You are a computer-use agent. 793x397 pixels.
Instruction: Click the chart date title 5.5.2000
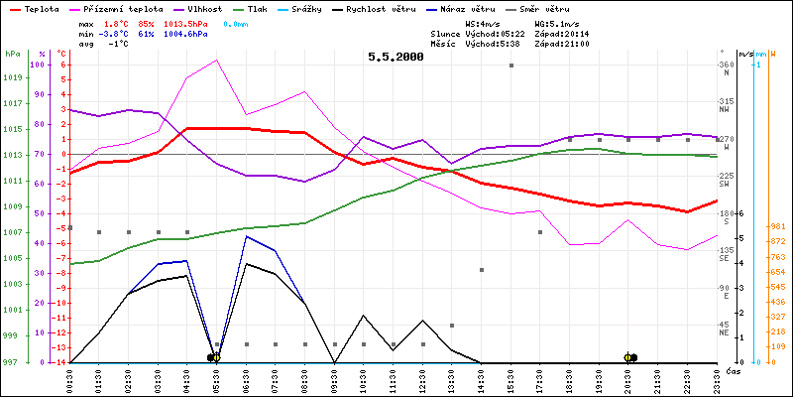pyautogui.click(x=396, y=57)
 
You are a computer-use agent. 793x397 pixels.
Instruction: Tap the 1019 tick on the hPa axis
pyautogui.click(x=13, y=77)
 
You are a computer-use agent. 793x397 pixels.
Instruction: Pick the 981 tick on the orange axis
pyautogui.click(x=777, y=226)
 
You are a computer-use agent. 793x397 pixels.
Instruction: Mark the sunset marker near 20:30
pyautogui.click(x=629, y=357)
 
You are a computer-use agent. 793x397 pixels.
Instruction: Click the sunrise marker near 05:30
pyautogui.click(x=214, y=357)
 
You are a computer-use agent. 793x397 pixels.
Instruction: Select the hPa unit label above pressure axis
pyautogui.click(x=12, y=54)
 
